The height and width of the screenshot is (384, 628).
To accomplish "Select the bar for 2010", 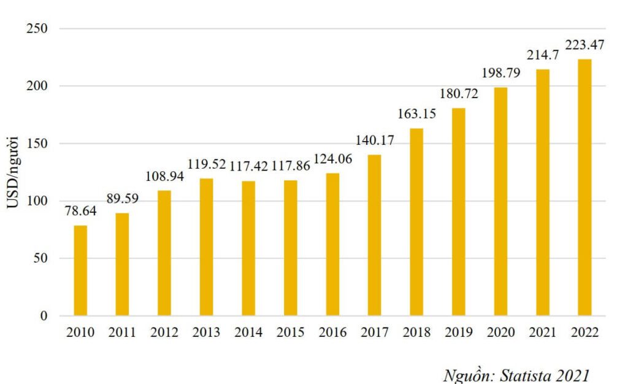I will click(80, 271).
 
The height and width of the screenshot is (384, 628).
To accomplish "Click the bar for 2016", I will click(332, 244).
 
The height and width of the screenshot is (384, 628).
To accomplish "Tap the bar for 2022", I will click(584, 187).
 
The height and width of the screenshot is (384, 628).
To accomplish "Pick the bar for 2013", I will click(206, 247).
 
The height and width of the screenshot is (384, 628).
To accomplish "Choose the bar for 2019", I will click(459, 212).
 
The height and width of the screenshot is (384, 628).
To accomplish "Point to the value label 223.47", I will click(584, 46).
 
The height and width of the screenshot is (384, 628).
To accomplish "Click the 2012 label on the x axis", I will click(164, 332).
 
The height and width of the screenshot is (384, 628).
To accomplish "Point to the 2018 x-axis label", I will click(416, 332).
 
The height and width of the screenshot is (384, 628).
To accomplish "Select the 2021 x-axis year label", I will click(543, 332).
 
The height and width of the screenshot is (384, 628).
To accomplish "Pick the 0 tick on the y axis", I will click(44, 316).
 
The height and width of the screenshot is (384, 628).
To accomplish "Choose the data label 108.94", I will click(164, 176).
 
